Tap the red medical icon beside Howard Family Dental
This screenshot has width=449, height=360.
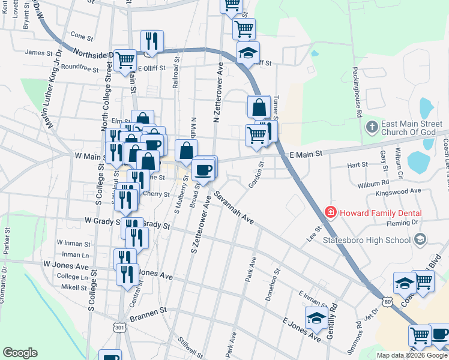coord(330,212)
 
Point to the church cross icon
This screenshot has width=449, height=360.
coord(372,127)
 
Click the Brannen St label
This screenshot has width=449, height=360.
coord(147,312)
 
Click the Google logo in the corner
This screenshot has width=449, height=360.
coord(20,353)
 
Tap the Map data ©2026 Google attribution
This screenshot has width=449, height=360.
coord(412,355)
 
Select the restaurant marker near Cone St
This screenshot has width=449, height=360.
coord(149,41)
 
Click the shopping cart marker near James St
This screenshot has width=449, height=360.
coord(125,59)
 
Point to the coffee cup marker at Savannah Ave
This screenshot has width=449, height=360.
coord(203,169)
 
